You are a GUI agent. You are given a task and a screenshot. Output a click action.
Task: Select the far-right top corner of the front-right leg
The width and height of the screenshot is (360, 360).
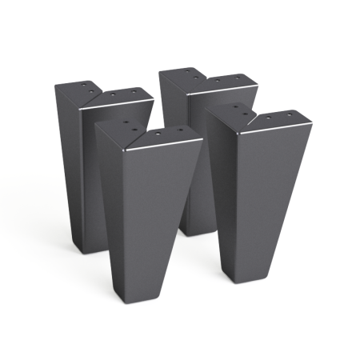point(310,122)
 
